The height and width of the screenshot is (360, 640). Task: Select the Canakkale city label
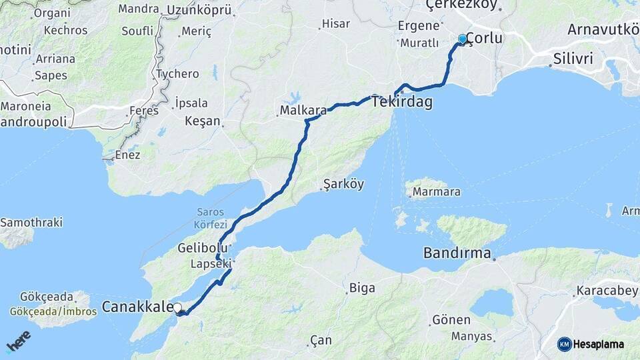pyautogui.click(x=136, y=307)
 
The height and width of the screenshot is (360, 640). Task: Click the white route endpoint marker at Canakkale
pyautogui.click(x=177, y=307)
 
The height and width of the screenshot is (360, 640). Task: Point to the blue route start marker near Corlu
pyautogui.click(x=462, y=39)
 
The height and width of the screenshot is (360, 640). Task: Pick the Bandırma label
pyautogui.click(x=457, y=253)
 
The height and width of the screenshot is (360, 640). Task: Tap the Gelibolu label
pyautogui.click(x=199, y=248)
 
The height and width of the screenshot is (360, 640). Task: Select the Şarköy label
pyautogui.click(x=343, y=185)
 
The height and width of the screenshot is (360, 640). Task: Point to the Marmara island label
pyautogui.click(x=437, y=192)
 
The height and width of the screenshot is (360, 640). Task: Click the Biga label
pyautogui.click(x=362, y=288)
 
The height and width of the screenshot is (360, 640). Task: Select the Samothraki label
pyautogui.click(x=31, y=222)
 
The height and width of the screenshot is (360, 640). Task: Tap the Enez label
pyautogui.click(x=127, y=155)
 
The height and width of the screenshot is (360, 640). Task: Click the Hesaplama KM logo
pyautogui.click(x=591, y=344)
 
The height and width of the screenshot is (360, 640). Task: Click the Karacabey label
pyautogui.click(x=606, y=291)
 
